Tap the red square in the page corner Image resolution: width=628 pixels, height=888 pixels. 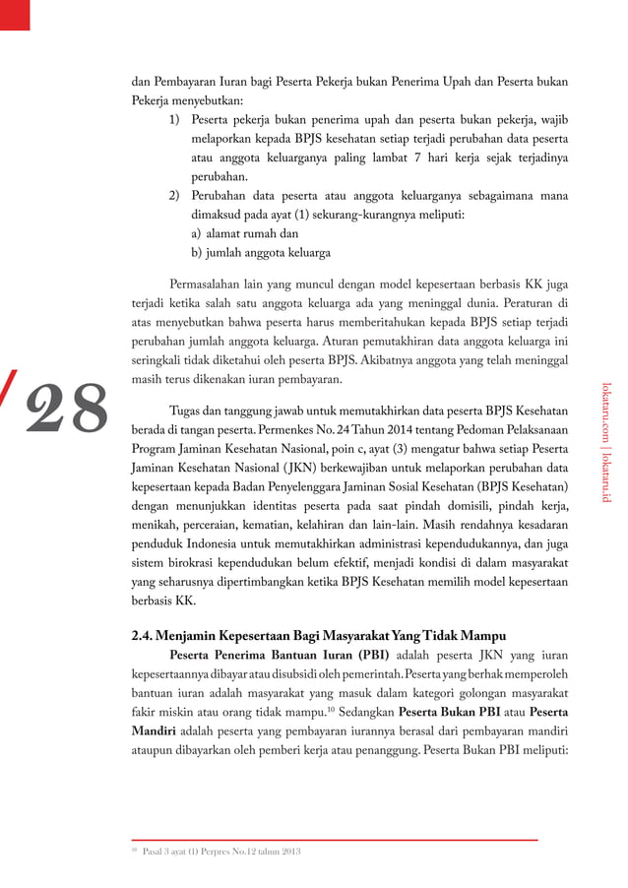(x=15, y=13)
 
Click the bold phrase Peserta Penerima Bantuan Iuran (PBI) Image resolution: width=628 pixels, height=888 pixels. (x=280, y=656)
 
